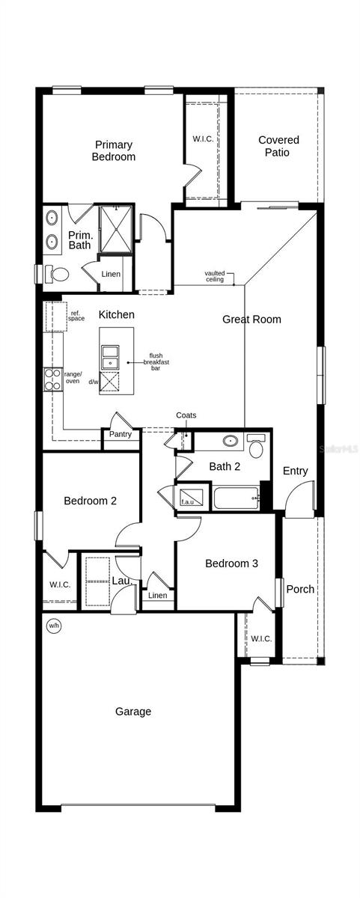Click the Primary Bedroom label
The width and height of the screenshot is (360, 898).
pyautogui.click(x=114, y=151)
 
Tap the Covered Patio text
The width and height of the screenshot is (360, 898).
pyautogui.click(x=278, y=146)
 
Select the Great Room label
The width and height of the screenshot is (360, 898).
pyautogui.click(x=251, y=320)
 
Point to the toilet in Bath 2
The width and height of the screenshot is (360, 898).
pyautogui.click(x=256, y=447)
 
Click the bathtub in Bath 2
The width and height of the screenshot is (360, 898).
pyautogui.click(x=235, y=498)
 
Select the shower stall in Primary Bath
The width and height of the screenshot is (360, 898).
pyautogui.click(x=116, y=229)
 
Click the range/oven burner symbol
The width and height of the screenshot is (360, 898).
pyautogui.click(x=53, y=380)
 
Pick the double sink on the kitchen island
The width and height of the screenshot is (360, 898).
pyautogui.click(x=110, y=357)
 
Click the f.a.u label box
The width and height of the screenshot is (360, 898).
pyautogui.click(x=186, y=501)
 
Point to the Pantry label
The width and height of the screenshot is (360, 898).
pyautogui.click(x=120, y=434)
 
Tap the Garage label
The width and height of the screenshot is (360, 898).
pyautogui.click(x=133, y=712)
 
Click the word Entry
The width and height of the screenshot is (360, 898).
pyautogui.click(x=295, y=471)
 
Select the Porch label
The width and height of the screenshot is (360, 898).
pyautogui.click(x=300, y=589)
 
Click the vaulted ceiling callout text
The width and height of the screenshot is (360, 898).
pyautogui.click(x=215, y=276)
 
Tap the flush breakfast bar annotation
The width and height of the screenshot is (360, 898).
pyautogui.click(x=156, y=362)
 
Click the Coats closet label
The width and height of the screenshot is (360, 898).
pyautogui.click(x=186, y=415)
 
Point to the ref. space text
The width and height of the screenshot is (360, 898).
pyautogui.click(x=76, y=316)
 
